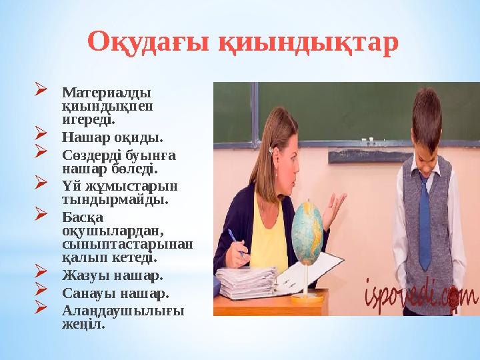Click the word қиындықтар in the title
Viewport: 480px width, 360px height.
[309, 43]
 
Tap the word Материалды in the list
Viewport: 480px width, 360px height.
[107, 93]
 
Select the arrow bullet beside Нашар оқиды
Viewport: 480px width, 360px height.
[41, 133]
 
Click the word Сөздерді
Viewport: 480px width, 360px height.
[91, 155]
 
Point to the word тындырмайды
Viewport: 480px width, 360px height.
[115, 200]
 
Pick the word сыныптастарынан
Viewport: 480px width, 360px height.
[127, 245]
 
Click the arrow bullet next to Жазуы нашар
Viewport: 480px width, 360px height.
[41, 271]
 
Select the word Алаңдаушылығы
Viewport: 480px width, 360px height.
[123, 311]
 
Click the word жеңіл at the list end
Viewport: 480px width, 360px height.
[83, 325]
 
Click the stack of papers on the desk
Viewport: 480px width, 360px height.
[247, 283]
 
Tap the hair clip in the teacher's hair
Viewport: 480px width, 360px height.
[270, 150]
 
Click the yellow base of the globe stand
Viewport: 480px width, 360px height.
[307, 297]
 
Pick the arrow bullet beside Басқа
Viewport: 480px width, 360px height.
[41, 213]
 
